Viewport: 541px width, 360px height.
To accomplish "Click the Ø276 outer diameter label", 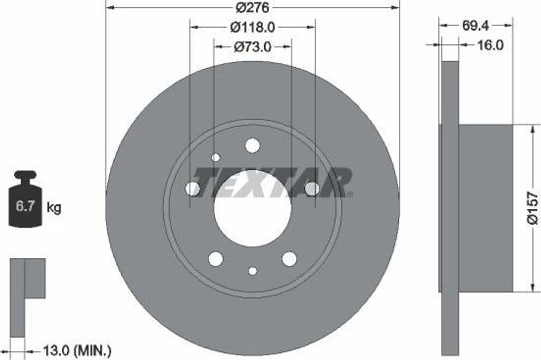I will pos(253,7).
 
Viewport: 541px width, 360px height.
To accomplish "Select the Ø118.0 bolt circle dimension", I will pos(253,26).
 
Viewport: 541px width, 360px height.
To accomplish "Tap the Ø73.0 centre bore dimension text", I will pos(253,47).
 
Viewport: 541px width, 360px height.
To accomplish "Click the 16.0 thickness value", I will pos(490,45).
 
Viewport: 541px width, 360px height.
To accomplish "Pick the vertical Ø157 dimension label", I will pos(533,207).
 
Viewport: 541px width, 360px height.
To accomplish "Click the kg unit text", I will pos(54,207).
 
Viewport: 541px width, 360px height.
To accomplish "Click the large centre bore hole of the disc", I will pos(253,208).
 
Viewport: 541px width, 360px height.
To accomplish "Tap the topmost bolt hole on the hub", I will pos(253,145).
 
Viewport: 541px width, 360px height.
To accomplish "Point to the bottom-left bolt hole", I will pos(216,259).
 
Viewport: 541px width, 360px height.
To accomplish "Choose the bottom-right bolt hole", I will pos(290,259).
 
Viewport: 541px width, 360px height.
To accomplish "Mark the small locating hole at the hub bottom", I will pos(253,271).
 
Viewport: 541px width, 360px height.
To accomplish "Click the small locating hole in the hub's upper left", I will pos(216,157).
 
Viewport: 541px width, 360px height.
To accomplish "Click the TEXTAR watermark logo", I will pos(272,182).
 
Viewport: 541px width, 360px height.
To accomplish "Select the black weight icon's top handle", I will pos(25,174).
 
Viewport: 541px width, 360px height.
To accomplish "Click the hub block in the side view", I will pos(485,208).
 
